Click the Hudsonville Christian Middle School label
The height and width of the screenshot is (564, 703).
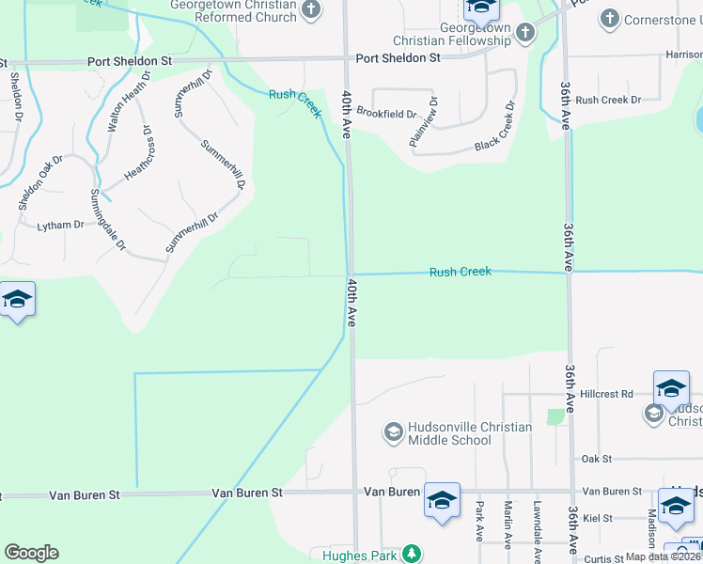point(458,433)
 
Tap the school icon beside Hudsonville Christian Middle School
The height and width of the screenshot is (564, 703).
point(393,432)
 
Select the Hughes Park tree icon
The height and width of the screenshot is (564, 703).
point(411,554)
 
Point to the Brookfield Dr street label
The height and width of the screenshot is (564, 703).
point(385,114)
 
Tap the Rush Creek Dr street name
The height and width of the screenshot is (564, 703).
point(608,100)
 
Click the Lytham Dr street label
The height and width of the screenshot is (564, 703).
point(60,226)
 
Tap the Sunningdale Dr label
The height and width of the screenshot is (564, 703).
point(107,219)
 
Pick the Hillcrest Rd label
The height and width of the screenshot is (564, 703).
point(606,394)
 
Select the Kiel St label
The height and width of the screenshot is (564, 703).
point(597,518)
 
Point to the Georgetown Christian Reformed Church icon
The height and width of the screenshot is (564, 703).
point(312,11)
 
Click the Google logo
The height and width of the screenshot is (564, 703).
point(31,553)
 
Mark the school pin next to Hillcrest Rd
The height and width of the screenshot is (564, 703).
point(672,387)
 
